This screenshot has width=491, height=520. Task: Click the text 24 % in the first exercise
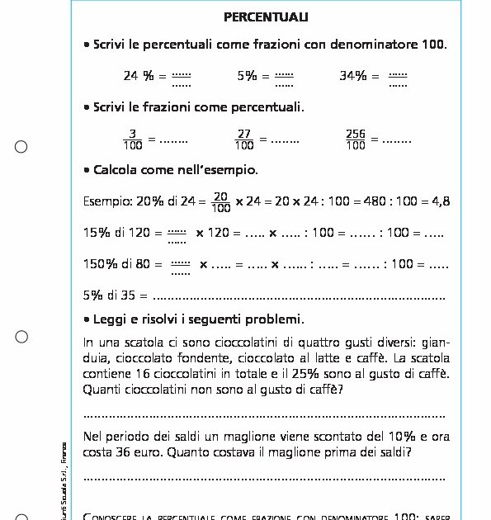coord(139,76)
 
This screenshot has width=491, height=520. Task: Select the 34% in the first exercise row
coord(352,76)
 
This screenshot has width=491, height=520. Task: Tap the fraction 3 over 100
coord(132,139)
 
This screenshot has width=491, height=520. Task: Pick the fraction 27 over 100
coord(244,139)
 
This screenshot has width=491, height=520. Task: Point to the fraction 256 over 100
coord(356,139)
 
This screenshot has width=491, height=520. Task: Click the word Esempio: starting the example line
coord(105,201)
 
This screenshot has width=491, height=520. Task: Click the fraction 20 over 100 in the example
coord(220,201)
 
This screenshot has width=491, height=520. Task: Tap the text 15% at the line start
coord(97,233)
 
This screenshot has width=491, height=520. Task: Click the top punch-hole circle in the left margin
coord(21,147)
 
